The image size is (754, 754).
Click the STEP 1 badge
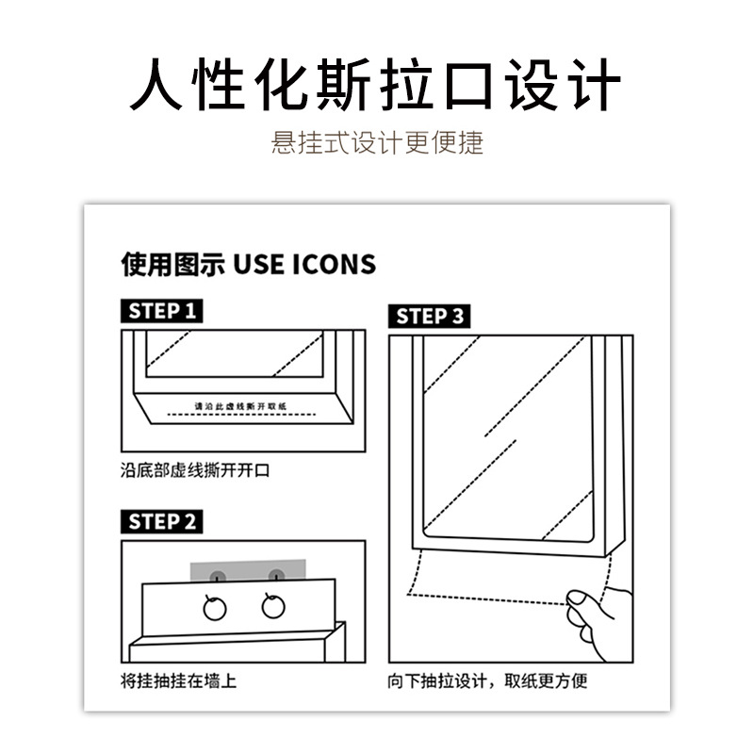coord(163,311)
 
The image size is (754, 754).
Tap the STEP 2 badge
coord(163,522)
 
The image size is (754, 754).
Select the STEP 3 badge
coord(430,317)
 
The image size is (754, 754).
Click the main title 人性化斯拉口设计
coord(376,87)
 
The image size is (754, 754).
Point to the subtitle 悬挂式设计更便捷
coord(377,142)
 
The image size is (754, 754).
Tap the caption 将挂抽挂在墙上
coord(178,680)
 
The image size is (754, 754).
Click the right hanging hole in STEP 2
coord(274,605)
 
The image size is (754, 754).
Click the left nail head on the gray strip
coord(217,575)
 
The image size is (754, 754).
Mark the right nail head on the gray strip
coord(275,575)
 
